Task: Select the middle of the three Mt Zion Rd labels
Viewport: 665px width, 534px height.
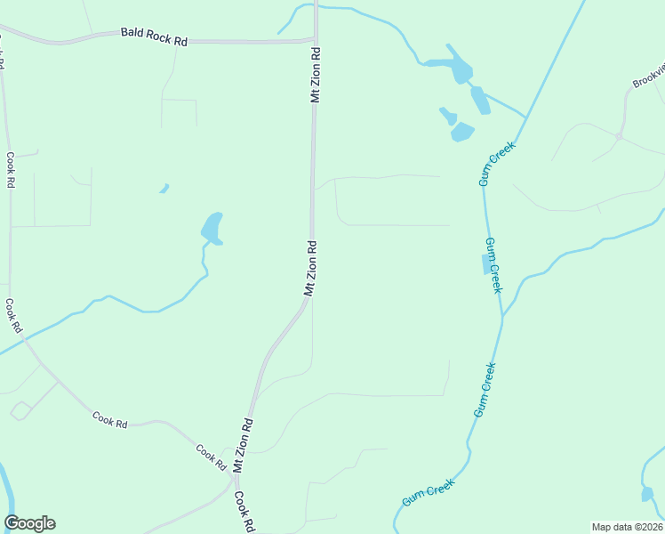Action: (x=310, y=265)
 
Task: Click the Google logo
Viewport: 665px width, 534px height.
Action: (x=29, y=523)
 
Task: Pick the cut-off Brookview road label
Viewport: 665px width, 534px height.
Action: (x=649, y=75)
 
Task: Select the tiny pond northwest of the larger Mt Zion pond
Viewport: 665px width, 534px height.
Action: (x=164, y=188)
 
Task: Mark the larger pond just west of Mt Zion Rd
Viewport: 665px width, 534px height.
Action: (x=212, y=228)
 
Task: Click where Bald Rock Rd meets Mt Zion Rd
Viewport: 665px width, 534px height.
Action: (x=315, y=39)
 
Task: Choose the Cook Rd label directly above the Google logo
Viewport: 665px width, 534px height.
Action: (x=12, y=315)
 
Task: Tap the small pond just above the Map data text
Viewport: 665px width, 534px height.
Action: (x=647, y=493)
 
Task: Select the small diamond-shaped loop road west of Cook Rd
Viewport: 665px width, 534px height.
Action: (x=21, y=410)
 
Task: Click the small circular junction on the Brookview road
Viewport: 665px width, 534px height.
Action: (x=618, y=136)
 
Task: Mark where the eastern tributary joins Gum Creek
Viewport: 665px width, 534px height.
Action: (x=503, y=315)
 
